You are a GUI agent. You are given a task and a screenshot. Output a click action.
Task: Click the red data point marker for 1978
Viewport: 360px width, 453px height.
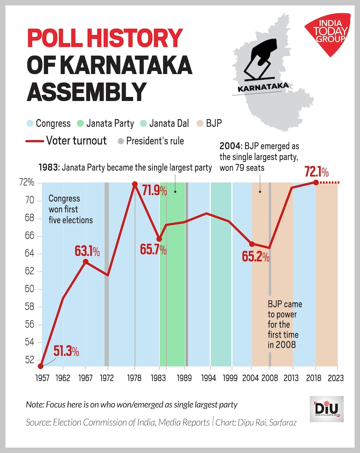[134, 184]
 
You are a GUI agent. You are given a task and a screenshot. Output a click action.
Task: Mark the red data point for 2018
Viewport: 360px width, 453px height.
[315, 183]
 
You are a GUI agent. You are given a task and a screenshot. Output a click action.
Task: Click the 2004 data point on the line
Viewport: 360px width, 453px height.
[252, 244]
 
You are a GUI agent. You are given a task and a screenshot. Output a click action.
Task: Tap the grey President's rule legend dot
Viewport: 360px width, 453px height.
[121, 141]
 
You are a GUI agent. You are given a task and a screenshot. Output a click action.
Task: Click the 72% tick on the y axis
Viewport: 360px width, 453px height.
[27, 183]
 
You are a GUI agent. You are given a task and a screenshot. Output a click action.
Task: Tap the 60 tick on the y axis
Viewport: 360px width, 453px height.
[30, 289]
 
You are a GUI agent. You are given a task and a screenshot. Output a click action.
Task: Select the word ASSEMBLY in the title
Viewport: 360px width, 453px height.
[86, 91]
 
